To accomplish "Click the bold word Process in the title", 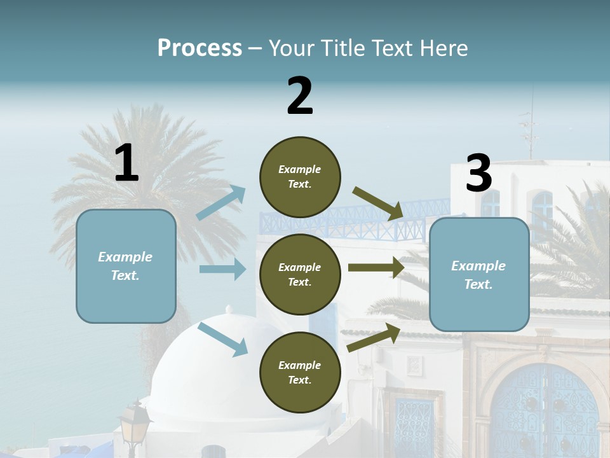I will click(x=200, y=48).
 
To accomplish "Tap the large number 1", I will click(x=126, y=163).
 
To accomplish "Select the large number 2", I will click(x=300, y=95).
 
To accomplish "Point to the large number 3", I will click(x=478, y=174).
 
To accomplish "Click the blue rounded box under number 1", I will click(x=126, y=266).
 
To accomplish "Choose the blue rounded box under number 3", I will click(x=479, y=274).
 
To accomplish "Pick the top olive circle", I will click(x=300, y=177).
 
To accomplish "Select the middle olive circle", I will click(x=300, y=274).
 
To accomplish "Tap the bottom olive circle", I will click(x=300, y=372).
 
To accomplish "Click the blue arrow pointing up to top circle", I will click(x=221, y=203).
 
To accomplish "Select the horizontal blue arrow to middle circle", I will click(x=222, y=269).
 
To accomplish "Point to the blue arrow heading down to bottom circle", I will click(x=222, y=339).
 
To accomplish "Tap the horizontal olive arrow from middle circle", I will click(x=376, y=268).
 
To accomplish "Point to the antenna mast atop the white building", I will click(x=529, y=127).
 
